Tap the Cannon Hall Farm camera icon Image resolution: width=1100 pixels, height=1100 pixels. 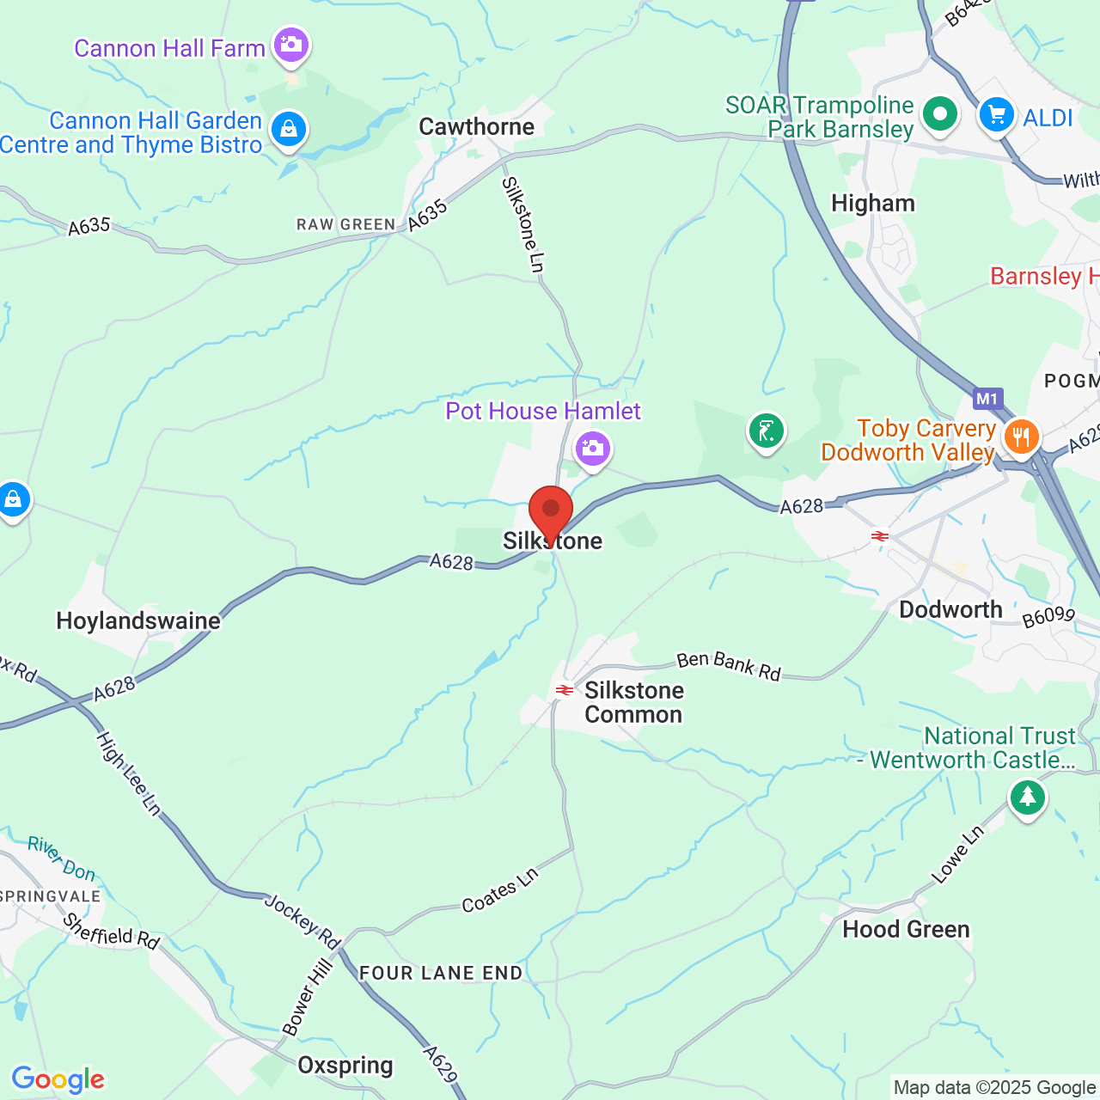coord(290,45)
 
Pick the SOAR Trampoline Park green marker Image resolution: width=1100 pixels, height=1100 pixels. coord(939,114)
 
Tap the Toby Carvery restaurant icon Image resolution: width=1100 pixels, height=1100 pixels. coord(1021,437)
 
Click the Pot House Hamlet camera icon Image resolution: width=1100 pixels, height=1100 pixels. coord(592,449)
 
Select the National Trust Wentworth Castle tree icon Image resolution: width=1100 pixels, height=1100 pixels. coord(1027,797)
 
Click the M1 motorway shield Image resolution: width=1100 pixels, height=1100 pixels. coord(987,399)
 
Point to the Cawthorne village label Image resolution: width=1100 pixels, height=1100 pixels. coord(476,127)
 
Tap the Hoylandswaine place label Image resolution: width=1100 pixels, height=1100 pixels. coord(138,620)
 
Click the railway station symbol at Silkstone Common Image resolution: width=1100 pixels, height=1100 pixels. coord(565,690)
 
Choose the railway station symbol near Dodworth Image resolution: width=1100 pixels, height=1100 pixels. coord(879,536)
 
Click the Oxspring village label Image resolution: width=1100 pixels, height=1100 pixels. coord(345,1066)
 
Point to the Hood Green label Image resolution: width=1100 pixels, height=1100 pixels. coord(906,929)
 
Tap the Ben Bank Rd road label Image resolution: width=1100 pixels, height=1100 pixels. coord(729,666)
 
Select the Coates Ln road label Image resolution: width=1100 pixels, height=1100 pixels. coord(500,889)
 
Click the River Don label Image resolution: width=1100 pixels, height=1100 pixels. coord(62,859)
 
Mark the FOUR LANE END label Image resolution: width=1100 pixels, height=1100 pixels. coord(441,973)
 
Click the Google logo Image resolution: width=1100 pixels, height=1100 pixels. coord(58,1079)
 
